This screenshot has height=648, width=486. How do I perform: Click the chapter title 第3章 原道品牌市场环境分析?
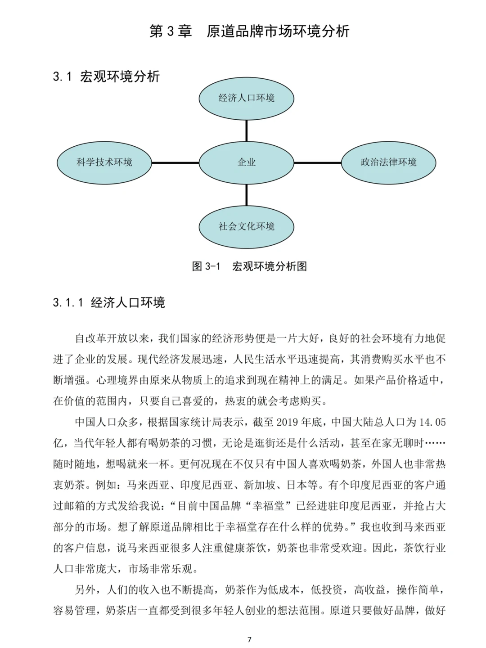point(249,31)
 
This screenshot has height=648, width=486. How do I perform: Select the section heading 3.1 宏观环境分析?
point(106,76)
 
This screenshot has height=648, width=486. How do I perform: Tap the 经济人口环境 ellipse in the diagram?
point(246,98)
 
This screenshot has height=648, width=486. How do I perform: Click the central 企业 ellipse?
point(246,162)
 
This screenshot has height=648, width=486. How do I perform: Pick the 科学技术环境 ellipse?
point(104,162)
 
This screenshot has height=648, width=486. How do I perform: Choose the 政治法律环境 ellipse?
point(388,162)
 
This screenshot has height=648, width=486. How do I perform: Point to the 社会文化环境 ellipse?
point(246,226)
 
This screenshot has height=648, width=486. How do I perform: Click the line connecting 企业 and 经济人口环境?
point(246,130)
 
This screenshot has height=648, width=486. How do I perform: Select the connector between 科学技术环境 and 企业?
point(175,162)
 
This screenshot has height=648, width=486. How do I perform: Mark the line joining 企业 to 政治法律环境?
point(317,162)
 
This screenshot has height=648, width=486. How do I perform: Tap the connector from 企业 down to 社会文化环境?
point(246,194)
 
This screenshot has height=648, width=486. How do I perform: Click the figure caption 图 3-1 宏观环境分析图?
point(249,266)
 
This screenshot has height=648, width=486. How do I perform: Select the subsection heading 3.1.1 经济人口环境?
point(109,302)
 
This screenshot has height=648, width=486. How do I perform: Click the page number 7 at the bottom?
point(249,639)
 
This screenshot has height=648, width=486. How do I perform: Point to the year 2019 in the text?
point(288,422)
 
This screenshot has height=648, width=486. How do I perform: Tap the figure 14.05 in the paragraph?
point(432,422)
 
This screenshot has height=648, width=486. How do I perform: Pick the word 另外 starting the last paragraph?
point(85,589)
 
